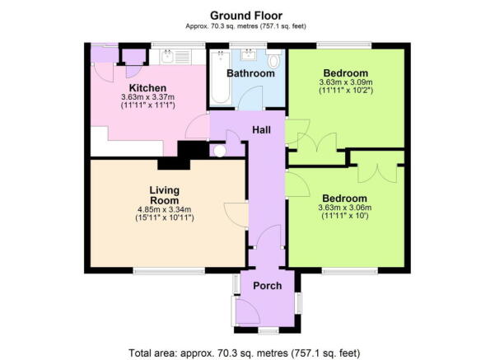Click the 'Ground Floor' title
246,15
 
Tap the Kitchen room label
148,88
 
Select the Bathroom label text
250,73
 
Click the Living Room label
164,195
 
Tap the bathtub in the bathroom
220,79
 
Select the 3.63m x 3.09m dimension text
346,82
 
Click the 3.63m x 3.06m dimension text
344,209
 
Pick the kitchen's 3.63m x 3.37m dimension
148,99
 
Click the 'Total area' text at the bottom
245,353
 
